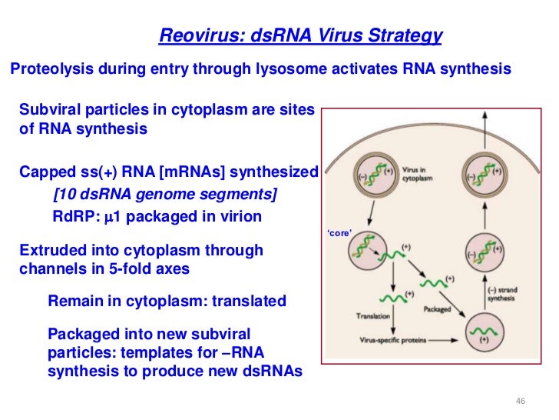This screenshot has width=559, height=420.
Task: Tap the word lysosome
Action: click(x=293, y=69)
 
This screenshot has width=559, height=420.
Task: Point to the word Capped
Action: click(x=45, y=171)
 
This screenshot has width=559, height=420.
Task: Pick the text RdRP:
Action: click(x=75, y=217)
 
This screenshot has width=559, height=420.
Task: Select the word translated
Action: click(x=247, y=302)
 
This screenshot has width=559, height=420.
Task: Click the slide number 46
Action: click(x=520, y=402)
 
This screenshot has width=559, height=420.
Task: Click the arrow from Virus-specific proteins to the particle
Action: click(x=443, y=339)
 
